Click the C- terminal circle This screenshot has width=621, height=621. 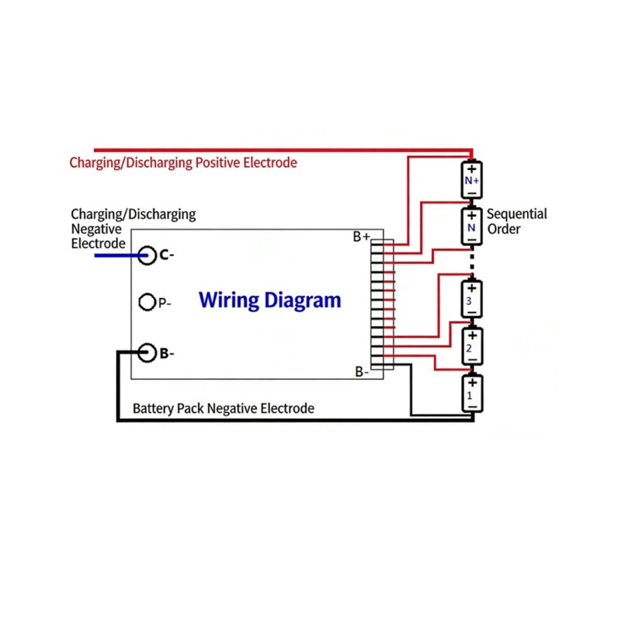coord(138,255)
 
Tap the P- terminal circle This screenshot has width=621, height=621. coord(139,302)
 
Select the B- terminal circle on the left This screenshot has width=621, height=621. coord(138,352)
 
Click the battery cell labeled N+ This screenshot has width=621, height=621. coord(471,179)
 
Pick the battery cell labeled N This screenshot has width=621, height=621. coord(471,227)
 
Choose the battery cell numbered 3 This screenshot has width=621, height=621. coord(471,299)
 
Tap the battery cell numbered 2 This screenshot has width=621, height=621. coord(472,346)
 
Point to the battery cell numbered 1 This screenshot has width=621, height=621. coord(472,394)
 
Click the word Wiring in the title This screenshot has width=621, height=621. coord(228,300)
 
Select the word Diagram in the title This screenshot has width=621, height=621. coord(303,300)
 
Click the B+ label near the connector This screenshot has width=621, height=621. coord(362,237)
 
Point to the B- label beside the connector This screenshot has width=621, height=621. coord(362,372)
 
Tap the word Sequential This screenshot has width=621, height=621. coord(516,214)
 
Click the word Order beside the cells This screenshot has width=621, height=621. coord(503,229)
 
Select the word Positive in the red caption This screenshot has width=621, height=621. coord(218,162)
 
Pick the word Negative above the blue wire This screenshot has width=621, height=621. coord(96,229)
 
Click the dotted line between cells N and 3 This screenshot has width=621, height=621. coord(472,262)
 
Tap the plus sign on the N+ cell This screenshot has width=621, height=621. coord(472,169)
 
